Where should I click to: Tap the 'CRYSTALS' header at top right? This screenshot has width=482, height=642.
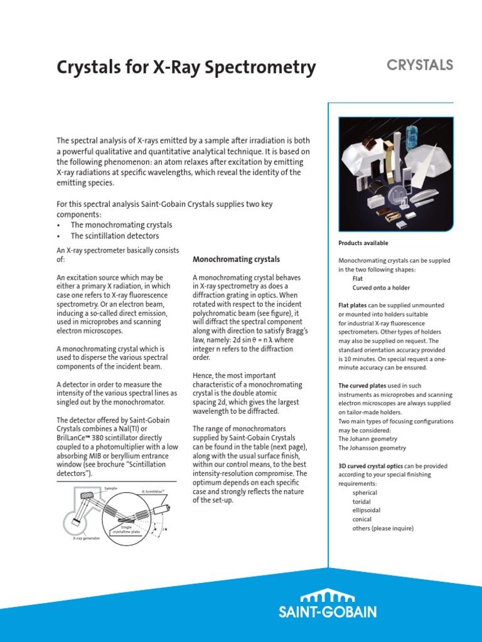pyautogui.click(x=420, y=65)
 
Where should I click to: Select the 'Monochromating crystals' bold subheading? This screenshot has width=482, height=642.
pyautogui.click(x=236, y=259)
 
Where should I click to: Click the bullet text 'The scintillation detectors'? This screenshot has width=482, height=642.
pyautogui.click(x=114, y=236)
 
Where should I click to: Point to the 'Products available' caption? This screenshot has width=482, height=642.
pyautogui.click(x=363, y=243)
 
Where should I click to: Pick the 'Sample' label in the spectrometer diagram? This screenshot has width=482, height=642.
pyautogui.click(x=110, y=487)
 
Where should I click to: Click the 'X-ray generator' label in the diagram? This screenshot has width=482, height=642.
pyautogui.click(x=86, y=538)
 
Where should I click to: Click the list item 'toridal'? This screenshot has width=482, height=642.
pyautogui.click(x=361, y=502)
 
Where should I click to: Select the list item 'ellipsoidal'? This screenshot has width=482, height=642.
pyautogui.click(x=365, y=510)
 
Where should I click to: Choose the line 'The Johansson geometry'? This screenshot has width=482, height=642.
pyautogui.click(x=372, y=448)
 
